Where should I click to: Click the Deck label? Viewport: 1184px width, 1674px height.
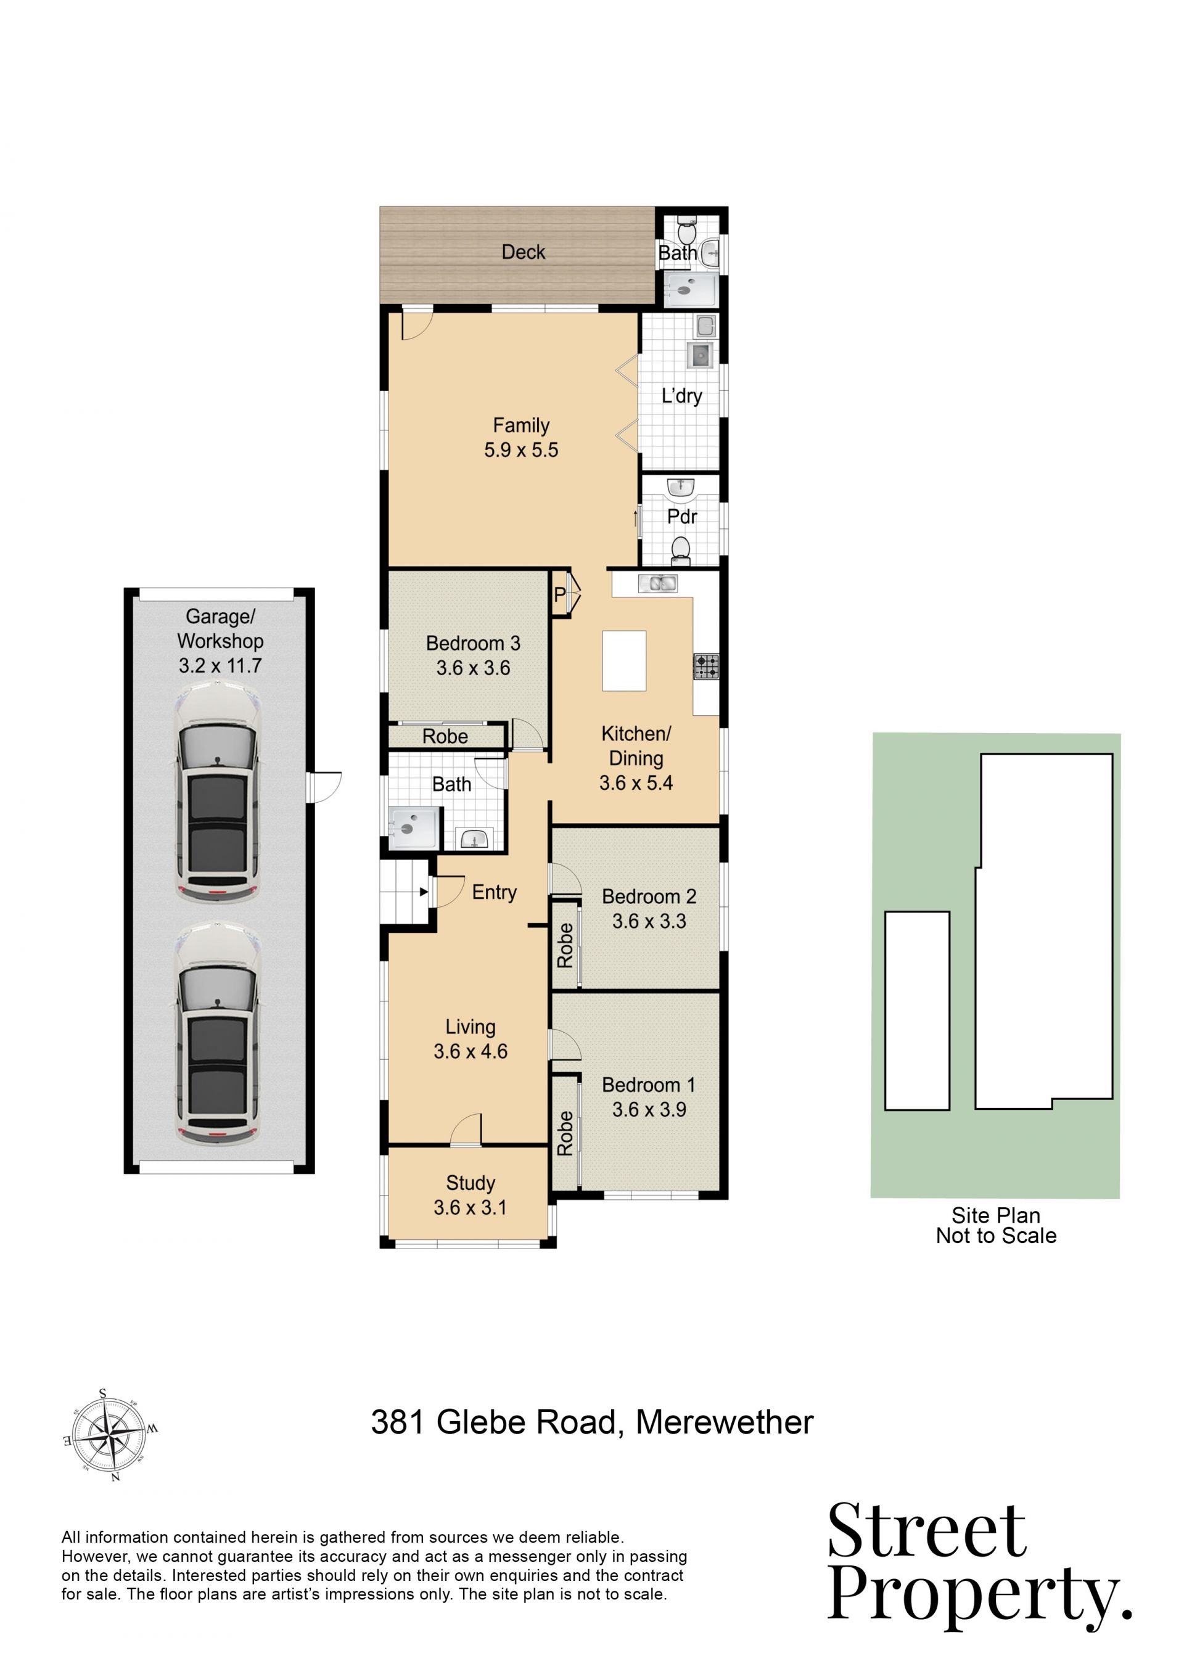tap(523, 252)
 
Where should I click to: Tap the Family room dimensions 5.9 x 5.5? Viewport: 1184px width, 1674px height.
tap(521, 450)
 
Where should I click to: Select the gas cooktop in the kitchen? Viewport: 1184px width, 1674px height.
tap(705, 667)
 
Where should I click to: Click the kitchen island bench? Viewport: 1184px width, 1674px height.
tap(624, 660)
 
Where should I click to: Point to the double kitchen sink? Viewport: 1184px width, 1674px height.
tap(657, 583)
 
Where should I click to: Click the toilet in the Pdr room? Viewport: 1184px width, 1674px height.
tap(681, 551)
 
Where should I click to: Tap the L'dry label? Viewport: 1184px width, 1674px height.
tap(681, 396)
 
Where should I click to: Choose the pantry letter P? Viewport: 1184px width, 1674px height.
tap(559, 594)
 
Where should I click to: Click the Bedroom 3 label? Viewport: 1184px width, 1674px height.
tap(473, 643)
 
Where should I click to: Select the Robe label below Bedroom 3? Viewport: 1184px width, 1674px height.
tap(445, 736)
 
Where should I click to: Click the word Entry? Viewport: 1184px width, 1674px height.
tap(495, 892)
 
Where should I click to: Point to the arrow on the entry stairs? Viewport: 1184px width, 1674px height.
tap(424, 891)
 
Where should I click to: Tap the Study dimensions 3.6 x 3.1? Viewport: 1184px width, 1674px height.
tap(471, 1207)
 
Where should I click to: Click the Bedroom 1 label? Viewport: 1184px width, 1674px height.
tap(648, 1085)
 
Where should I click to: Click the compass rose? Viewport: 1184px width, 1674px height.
tap(111, 1435)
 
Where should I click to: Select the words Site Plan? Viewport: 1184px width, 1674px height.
tap(995, 1215)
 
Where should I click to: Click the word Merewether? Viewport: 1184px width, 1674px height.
tap(725, 1422)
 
